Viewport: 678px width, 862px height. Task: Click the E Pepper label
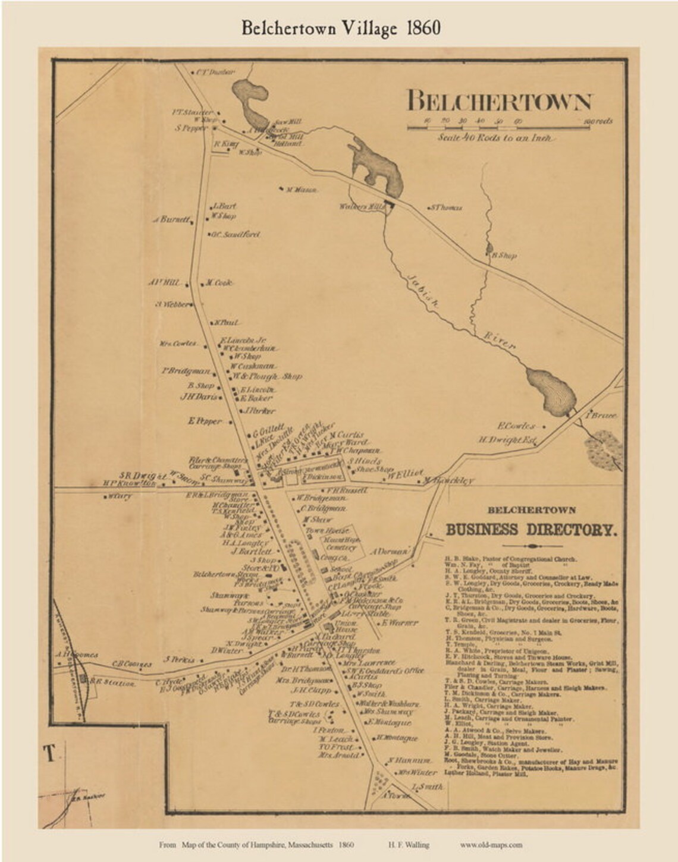(205, 421)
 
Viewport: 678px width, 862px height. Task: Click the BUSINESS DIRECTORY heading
(531, 529)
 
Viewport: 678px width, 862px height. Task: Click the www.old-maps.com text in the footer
(491, 844)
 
